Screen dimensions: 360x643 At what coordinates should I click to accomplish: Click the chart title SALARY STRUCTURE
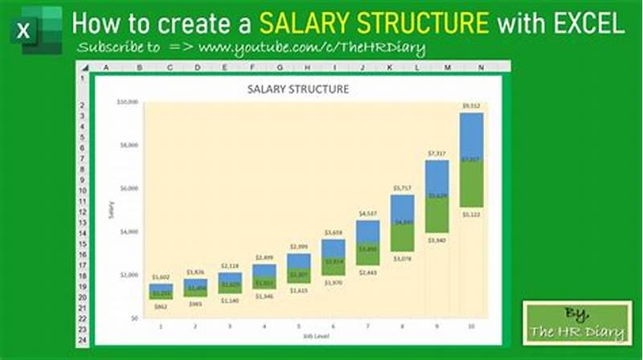click(297, 90)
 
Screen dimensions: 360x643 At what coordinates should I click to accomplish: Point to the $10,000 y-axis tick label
click(127, 102)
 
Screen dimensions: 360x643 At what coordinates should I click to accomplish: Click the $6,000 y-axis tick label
click(129, 188)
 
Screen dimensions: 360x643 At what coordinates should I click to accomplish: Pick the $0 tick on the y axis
click(133, 318)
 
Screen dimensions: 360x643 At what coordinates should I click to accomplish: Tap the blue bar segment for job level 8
click(402, 208)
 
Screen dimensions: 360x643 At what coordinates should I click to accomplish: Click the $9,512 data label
click(471, 105)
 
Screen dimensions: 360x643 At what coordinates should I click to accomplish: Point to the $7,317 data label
click(436, 153)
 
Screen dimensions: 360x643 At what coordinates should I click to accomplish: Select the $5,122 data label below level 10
click(471, 215)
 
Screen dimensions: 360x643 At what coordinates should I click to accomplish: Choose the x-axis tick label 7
click(367, 326)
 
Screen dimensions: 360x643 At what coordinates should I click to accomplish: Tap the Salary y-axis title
click(110, 211)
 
